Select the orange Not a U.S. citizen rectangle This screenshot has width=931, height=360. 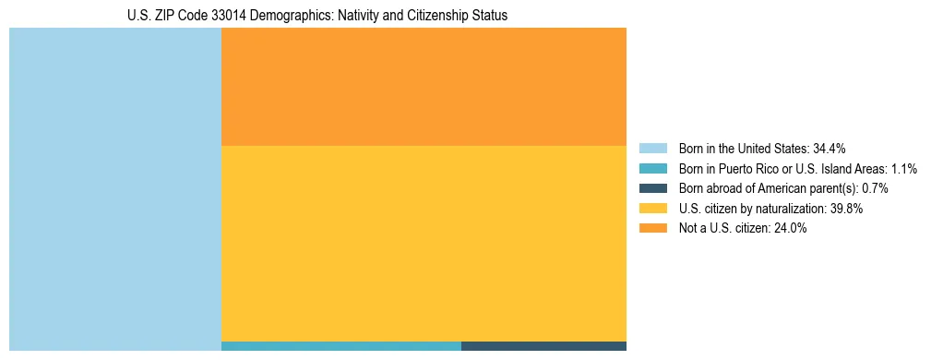pos(424,87)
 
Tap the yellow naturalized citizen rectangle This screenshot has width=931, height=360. pos(424,244)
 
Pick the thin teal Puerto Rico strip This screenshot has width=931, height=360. pos(341,346)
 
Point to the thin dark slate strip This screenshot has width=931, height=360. pos(543,346)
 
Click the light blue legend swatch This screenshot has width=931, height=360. pos(652,149)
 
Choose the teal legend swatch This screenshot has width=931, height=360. pos(652,169)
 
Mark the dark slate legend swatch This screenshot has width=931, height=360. pos(652,188)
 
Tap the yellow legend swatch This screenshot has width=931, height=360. pos(652,209)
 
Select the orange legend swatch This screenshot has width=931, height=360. pos(652,228)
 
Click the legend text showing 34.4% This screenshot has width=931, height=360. pos(830,149)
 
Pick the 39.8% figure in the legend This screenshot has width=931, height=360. pos(846,209)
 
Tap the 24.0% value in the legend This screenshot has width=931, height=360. pos(790,229)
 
